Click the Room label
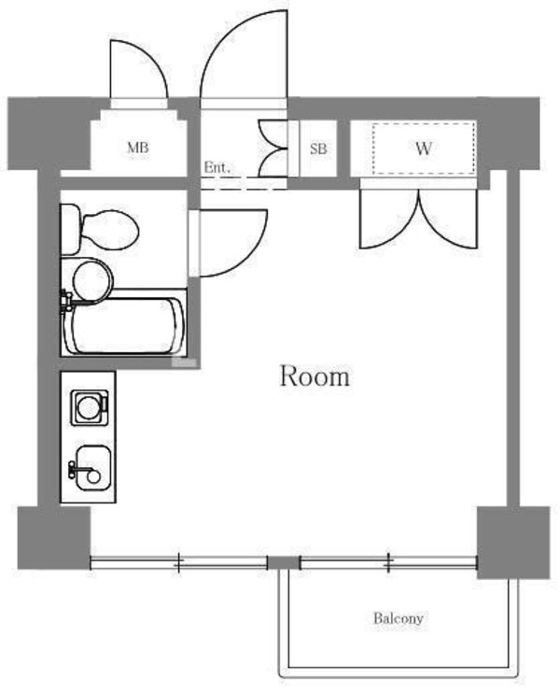pyautogui.click(x=315, y=377)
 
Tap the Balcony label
pyautogui.click(x=399, y=618)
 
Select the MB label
pyautogui.click(x=138, y=148)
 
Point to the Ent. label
pyautogui.click(x=217, y=168)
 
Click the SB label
pyautogui.click(x=318, y=148)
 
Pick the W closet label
pyautogui.click(x=424, y=148)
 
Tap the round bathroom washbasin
pyautogui.click(x=91, y=279)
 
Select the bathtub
pyautogui.click(x=125, y=325)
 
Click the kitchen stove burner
pyautogui.click(x=89, y=405)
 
